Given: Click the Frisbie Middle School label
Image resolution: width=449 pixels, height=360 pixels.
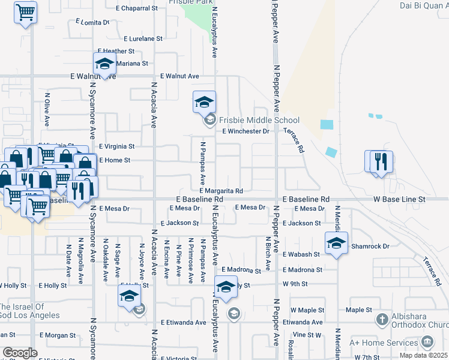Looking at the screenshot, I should pyautogui.click(x=258, y=120).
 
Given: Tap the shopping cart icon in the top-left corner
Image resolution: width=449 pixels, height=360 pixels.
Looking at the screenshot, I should pyautogui.click(x=25, y=12).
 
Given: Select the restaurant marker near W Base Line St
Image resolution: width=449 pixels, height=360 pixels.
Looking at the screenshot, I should pyautogui.click(x=379, y=162).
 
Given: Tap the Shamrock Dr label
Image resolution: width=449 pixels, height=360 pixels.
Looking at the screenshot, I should pyautogui.click(x=370, y=246).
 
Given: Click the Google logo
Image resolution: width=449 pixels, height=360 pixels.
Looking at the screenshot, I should pyautogui.click(x=20, y=353).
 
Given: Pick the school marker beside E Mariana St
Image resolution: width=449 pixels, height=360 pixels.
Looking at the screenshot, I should pyautogui.click(x=104, y=64).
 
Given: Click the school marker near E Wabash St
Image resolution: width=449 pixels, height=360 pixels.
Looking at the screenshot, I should pyautogui.click(x=336, y=243).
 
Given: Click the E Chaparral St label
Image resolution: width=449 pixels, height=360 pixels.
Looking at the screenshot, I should pyautogui.click(x=139, y=8).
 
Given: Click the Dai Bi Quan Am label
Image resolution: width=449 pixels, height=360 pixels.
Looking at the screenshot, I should pyautogui.click(x=424, y=6).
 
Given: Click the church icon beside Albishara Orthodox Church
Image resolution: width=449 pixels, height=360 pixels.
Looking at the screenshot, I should pyautogui.click(x=381, y=318).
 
